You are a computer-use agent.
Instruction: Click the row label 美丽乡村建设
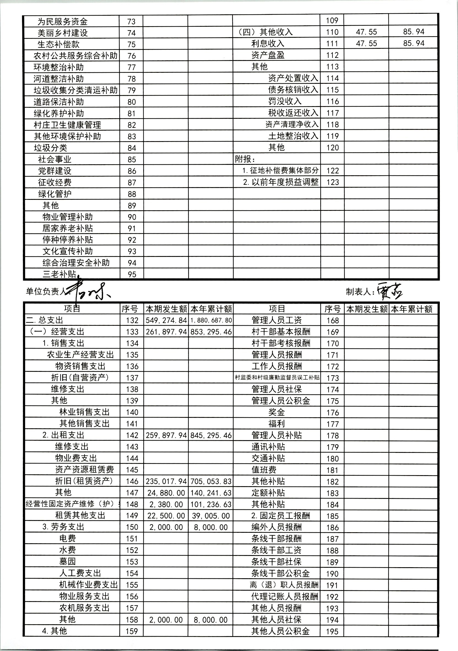(x=63, y=33)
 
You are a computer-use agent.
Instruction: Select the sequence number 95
(x=132, y=275)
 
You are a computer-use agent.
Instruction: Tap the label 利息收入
(x=268, y=43)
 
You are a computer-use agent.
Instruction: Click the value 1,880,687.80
(x=211, y=320)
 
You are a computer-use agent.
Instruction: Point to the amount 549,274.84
(x=166, y=320)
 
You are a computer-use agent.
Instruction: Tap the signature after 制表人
(x=389, y=292)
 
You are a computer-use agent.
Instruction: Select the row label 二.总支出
(x=44, y=320)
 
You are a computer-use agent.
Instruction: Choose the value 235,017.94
(x=166, y=481)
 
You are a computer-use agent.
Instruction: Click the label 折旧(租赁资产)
(x=84, y=481)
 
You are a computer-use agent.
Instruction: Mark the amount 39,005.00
(x=211, y=516)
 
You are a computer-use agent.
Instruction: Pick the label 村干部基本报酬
(x=281, y=332)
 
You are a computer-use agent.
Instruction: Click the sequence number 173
(x=332, y=378)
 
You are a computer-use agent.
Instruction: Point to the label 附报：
(x=243, y=159)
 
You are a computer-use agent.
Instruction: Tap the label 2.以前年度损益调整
(x=281, y=182)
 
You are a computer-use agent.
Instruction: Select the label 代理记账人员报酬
(x=285, y=596)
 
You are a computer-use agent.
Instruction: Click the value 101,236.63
(x=211, y=504)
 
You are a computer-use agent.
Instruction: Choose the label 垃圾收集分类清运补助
(x=75, y=90)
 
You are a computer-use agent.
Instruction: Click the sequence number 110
(x=332, y=32)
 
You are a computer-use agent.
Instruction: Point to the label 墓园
(x=67, y=561)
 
